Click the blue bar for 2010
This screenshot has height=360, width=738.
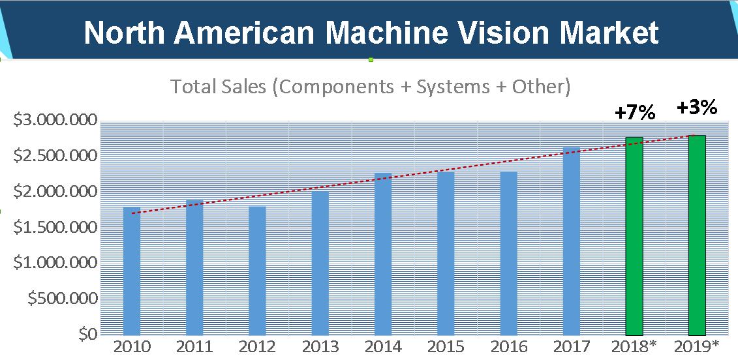(132, 271)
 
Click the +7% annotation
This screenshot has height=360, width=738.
(634, 113)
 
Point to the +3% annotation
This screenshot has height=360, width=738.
(697, 107)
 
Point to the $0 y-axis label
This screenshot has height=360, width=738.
(87, 335)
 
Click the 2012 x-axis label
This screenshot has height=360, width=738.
(257, 346)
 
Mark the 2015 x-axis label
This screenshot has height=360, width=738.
(446, 346)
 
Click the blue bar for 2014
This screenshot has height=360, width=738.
(383, 254)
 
